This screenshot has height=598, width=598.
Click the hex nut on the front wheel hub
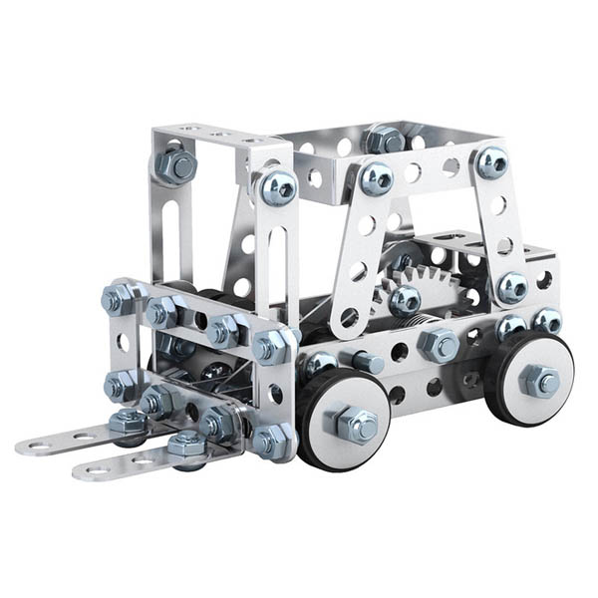coord(356,424)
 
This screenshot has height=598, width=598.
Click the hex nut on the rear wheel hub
coord(539,380)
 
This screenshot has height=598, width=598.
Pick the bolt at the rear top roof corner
coord(490,161)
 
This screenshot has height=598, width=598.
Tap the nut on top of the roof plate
coord(385,139)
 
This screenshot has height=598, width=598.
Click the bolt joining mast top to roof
coord(277,186)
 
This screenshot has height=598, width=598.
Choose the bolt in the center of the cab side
coord(404,299)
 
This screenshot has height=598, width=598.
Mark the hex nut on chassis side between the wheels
coord(439,345)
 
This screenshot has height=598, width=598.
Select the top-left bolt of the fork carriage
coord(118,298)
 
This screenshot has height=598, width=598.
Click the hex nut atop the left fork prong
coord(129,423)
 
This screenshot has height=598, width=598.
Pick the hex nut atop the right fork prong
coord(186,445)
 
